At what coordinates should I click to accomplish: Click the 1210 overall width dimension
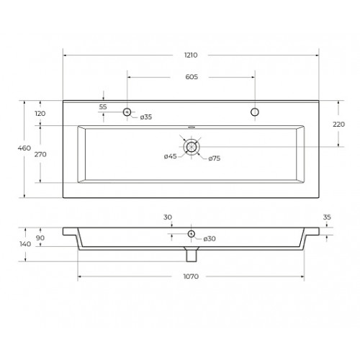tap(191, 55)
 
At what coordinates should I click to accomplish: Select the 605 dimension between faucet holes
tap(192, 77)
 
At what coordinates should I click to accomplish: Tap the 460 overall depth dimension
tap(24, 148)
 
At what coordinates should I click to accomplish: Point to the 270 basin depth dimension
tap(40, 154)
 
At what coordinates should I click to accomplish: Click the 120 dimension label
tap(40, 114)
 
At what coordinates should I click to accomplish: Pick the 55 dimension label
tap(103, 107)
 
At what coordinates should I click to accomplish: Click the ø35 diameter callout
tap(146, 117)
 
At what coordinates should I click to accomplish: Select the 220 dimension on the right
tap(338, 125)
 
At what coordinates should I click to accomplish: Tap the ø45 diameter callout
tap(171, 156)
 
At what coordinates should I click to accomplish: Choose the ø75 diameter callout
tap(215, 158)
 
